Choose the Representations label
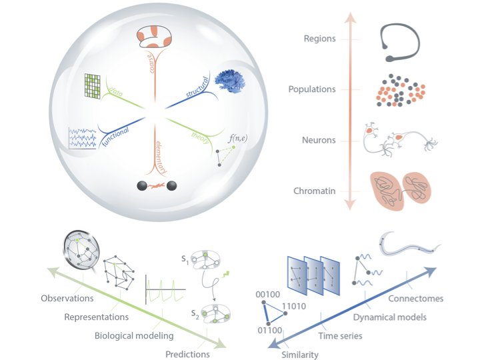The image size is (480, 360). (x=97, y=317)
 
